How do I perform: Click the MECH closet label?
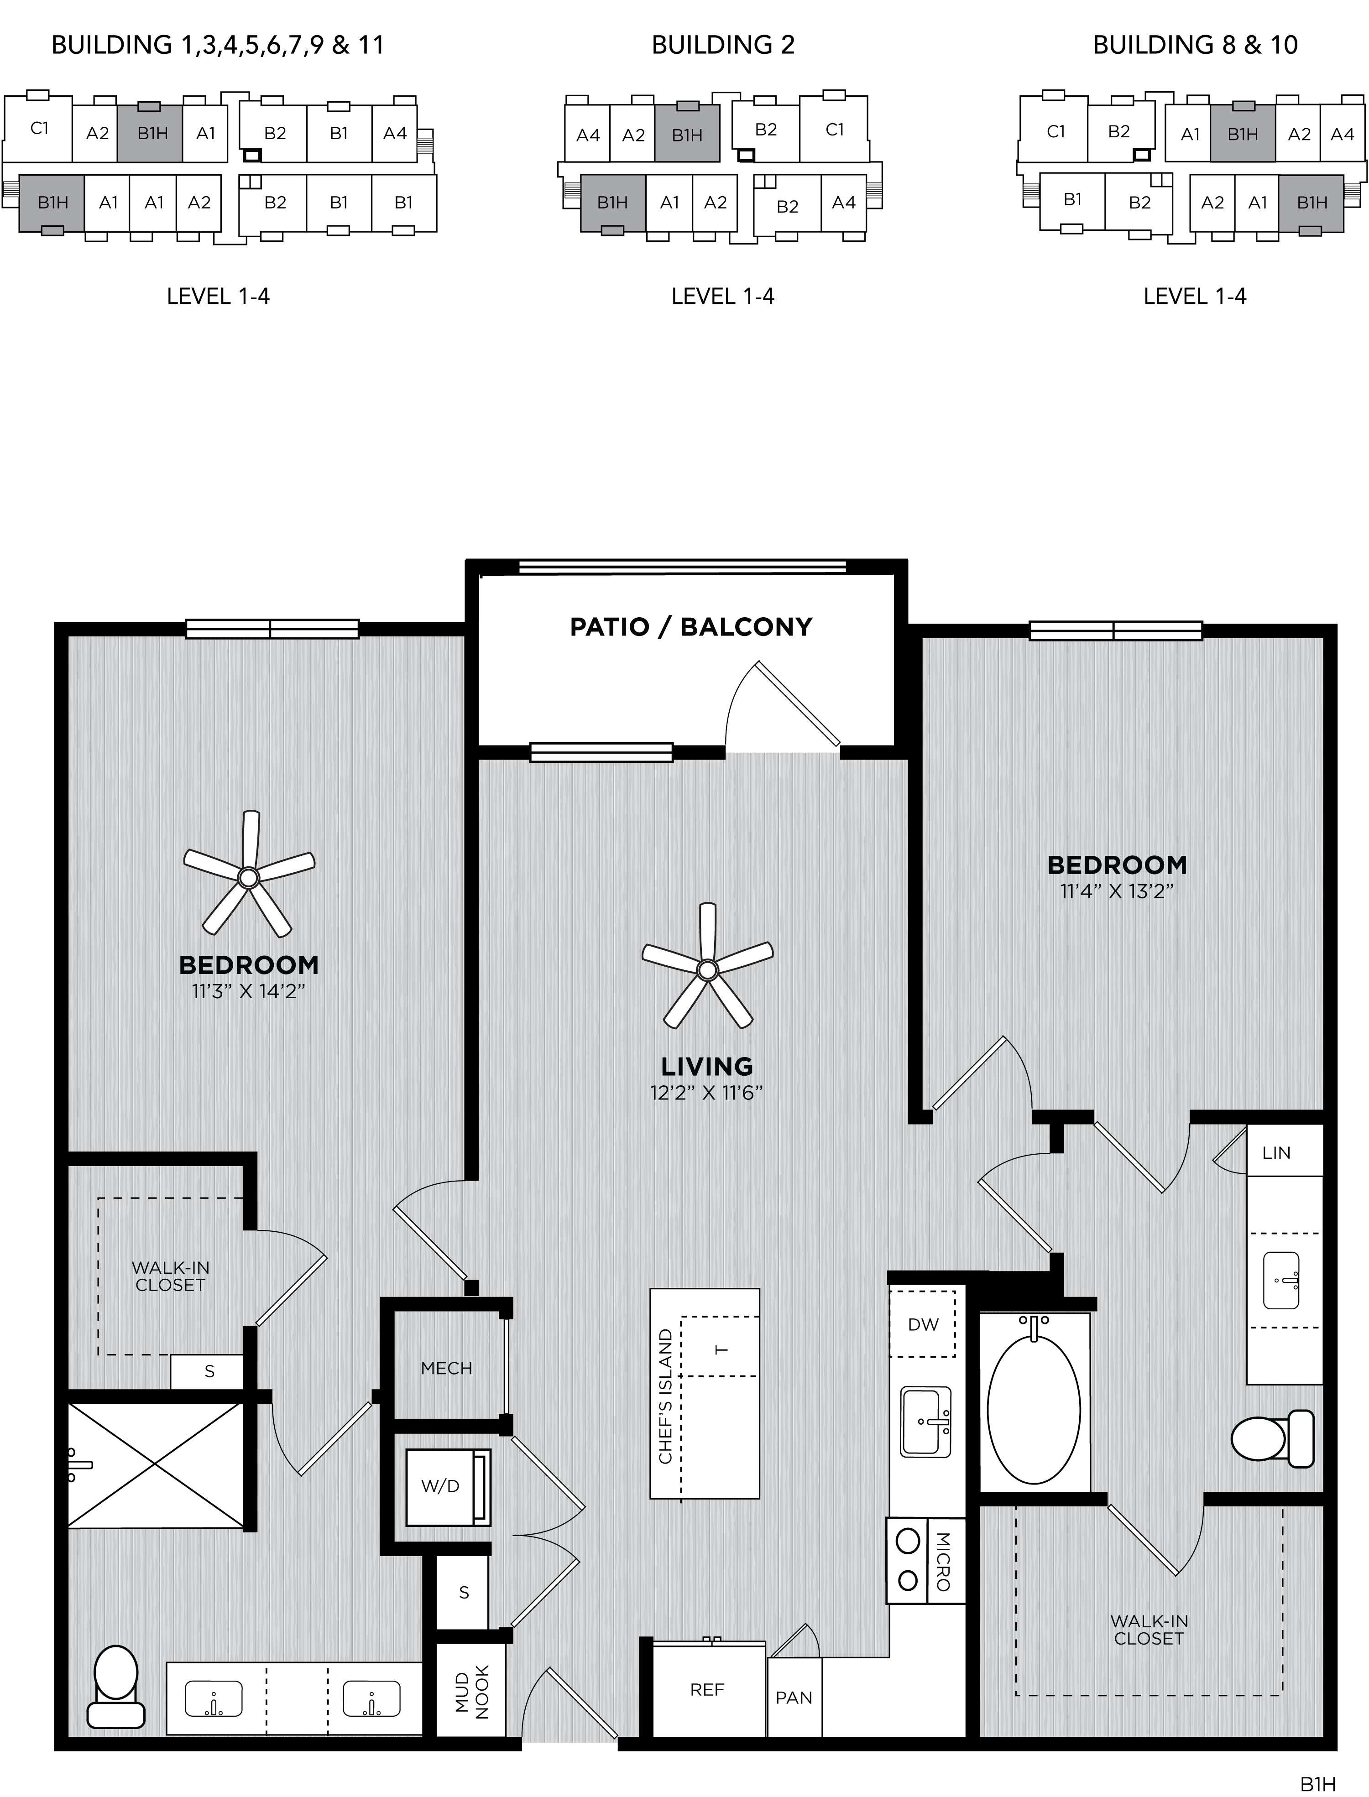click(447, 1369)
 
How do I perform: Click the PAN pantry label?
click(794, 1698)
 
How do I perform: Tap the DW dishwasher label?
click(923, 1324)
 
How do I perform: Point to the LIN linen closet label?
click(1276, 1153)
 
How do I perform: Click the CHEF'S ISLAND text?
click(666, 1396)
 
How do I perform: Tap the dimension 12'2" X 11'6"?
click(706, 1092)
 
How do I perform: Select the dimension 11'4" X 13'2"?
click(1116, 891)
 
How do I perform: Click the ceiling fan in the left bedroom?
click(249, 876)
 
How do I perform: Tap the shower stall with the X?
click(155, 1464)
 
